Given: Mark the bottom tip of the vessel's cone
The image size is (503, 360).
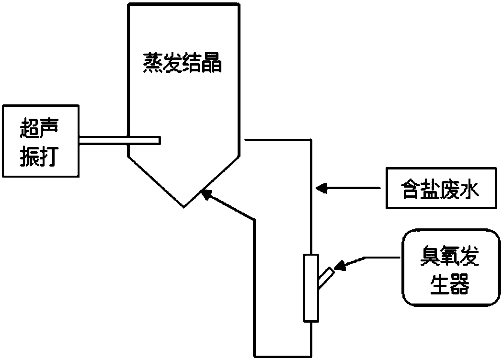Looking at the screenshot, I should click(184, 207).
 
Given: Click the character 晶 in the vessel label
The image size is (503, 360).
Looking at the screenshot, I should click(212, 63).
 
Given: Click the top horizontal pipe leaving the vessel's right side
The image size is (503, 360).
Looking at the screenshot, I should click(278, 139).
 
